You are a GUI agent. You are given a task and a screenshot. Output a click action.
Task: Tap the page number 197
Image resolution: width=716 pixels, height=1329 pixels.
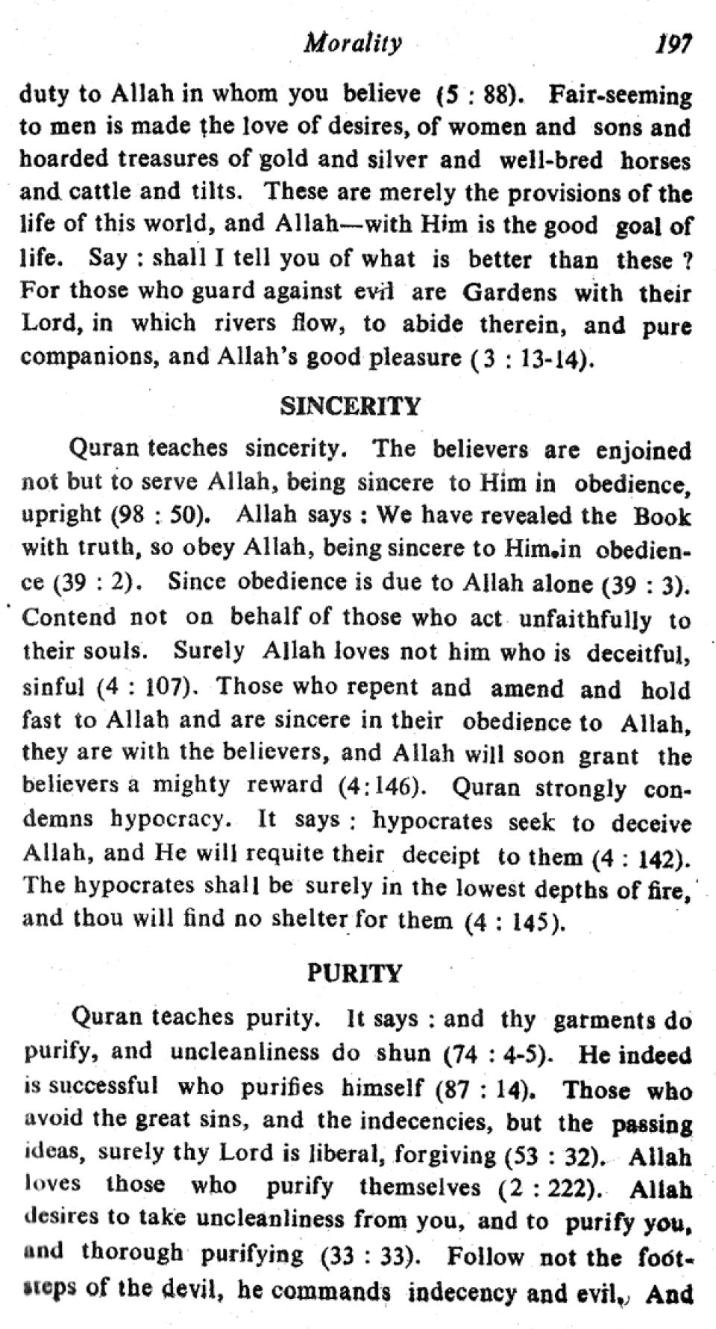[673, 44]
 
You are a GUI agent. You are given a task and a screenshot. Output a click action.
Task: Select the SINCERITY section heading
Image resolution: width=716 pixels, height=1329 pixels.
[350, 406]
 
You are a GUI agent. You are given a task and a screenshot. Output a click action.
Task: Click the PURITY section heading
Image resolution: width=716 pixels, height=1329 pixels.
[354, 974]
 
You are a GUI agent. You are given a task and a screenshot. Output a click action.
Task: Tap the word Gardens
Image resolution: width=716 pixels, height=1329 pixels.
[510, 292]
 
